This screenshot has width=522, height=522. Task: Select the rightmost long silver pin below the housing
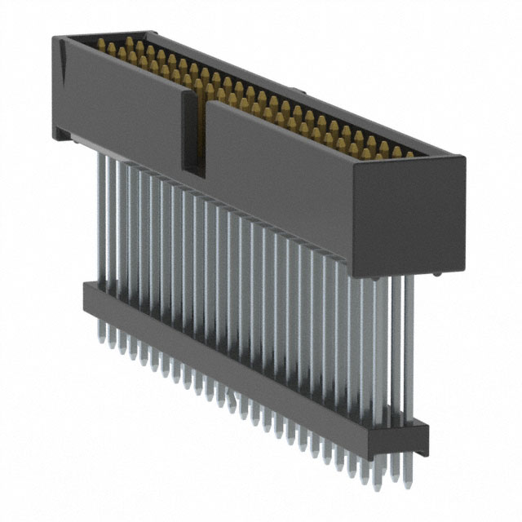[409, 351]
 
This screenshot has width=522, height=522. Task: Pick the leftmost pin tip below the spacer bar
[102, 334]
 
